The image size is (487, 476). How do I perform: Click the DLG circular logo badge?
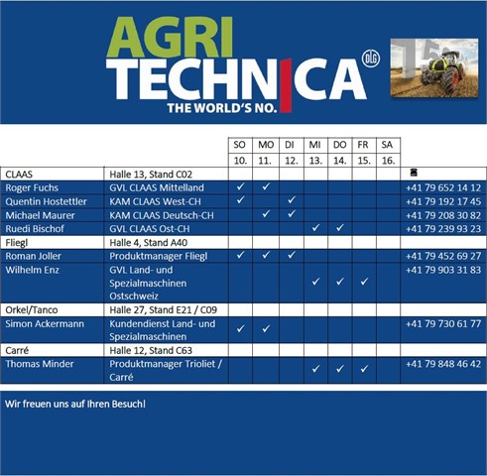[x=371, y=59]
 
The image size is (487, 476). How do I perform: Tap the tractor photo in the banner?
[x=434, y=67]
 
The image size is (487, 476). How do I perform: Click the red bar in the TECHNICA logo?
[x=286, y=85]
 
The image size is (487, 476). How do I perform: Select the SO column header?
[x=239, y=145]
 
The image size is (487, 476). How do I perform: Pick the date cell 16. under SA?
[x=388, y=161]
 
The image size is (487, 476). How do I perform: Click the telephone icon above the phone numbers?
[x=414, y=172]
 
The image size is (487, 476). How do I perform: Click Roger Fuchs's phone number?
[x=443, y=187]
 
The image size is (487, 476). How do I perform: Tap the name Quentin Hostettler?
[x=46, y=201]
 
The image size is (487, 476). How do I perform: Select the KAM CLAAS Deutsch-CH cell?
[x=162, y=215]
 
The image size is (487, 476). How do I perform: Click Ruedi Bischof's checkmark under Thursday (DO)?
[x=340, y=228]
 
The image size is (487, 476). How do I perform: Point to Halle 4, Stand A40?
[x=148, y=243]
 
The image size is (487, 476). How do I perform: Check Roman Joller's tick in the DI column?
[x=292, y=255]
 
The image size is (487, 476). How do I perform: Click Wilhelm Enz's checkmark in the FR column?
[x=364, y=282]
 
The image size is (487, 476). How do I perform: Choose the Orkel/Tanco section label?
[x=32, y=310]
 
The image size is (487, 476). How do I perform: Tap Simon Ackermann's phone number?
[x=443, y=323]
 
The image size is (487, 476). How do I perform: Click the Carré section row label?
[x=17, y=350]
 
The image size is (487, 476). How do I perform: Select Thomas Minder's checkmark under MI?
[x=315, y=369]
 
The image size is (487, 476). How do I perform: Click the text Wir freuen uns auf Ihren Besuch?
[x=75, y=404]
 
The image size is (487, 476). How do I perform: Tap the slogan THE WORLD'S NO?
[x=222, y=108]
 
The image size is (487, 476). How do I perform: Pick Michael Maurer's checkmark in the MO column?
[x=266, y=214]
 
